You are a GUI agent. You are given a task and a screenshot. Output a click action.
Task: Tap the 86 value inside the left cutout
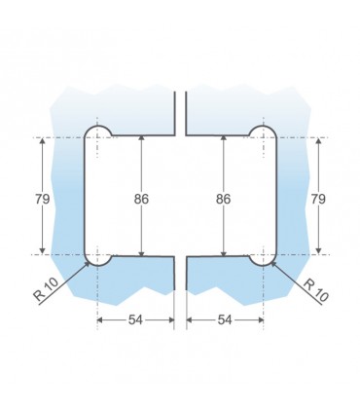pyautogui.click(x=142, y=198)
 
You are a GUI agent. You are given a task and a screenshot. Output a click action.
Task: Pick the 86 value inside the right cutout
pyautogui.click(x=223, y=198)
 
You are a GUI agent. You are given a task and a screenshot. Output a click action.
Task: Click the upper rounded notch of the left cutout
pyautogui.click(x=98, y=132)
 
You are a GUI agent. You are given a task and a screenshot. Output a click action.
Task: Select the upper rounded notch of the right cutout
pyautogui.click(x=263, y=132)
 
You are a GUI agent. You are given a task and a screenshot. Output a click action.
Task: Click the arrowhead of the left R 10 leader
pyautogui.click(x=90, y=262)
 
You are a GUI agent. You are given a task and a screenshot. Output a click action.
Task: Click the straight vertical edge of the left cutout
pyautogui.click(x=85, y=198)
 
